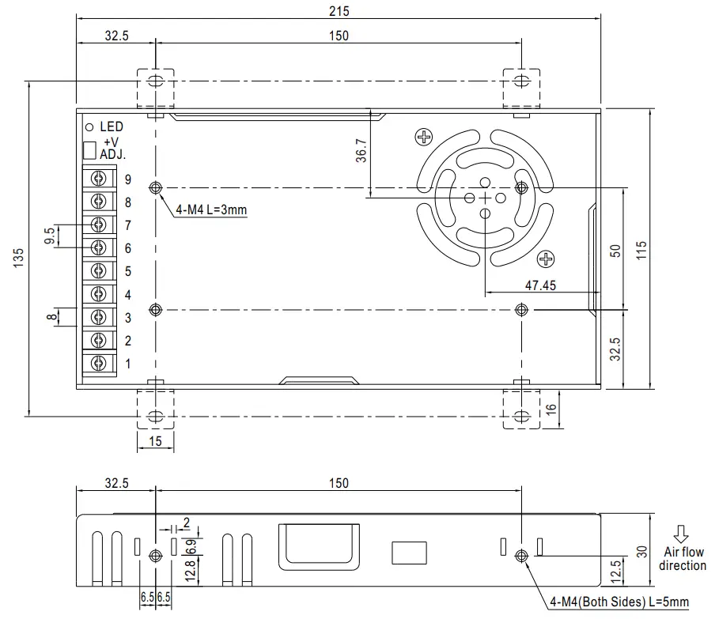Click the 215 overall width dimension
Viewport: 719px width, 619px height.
(339, 11)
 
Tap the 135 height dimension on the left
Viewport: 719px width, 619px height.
(18, 258)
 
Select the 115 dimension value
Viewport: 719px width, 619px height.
(641, 250)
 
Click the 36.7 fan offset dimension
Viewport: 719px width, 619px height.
(361, 151)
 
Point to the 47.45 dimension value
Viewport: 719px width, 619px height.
(540, 285)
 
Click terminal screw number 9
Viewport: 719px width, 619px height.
(99, 178)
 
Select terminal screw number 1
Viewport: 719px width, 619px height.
(99, 364)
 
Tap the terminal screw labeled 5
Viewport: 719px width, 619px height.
(99, 271)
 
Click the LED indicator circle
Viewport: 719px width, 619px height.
(89, 127)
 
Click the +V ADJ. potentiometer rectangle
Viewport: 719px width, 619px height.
(89, 150)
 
